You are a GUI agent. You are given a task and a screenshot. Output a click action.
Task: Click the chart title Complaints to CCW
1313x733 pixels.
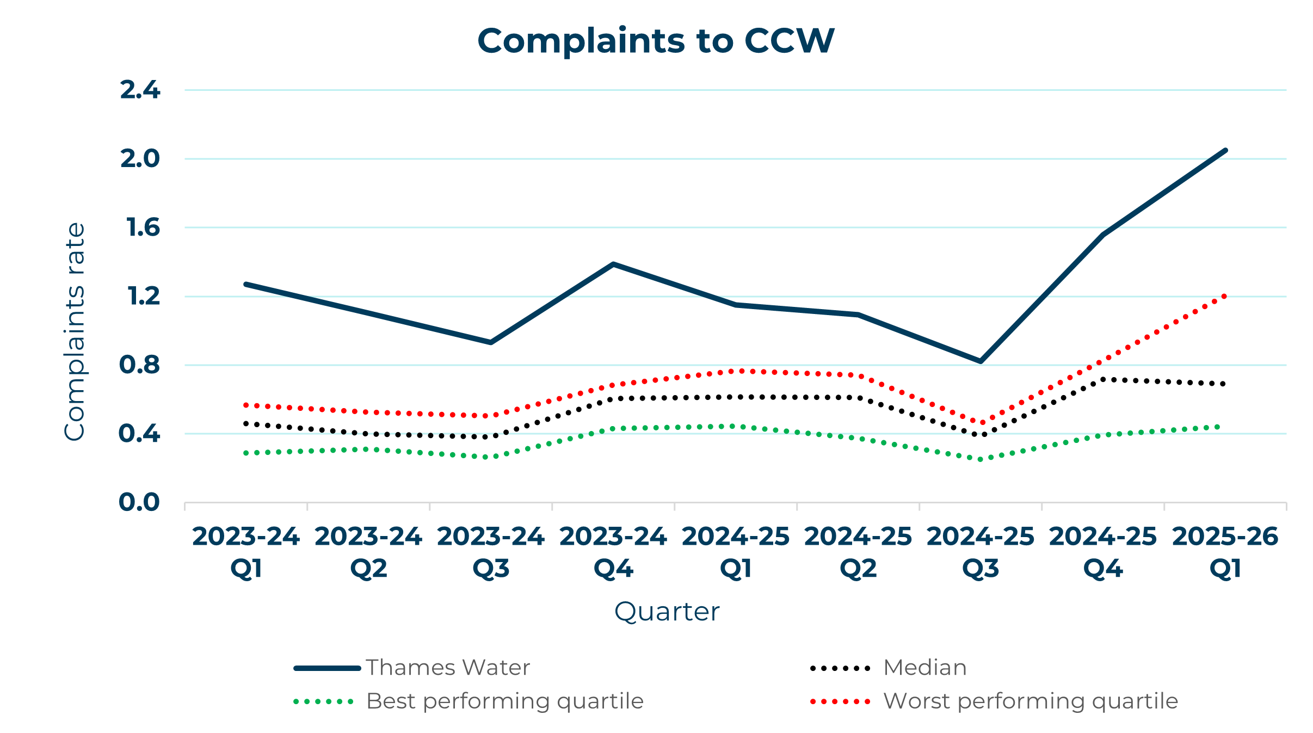tap(656, 41)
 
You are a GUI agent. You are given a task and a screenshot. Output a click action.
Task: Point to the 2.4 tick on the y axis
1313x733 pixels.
tap(140, 90)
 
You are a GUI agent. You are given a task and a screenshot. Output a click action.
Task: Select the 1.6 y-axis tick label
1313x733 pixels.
tap(143, 227)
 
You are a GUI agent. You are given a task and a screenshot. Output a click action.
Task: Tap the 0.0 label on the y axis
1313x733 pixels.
tap(139, 502)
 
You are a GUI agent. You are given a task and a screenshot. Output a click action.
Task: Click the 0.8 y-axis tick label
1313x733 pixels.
tap(140, 365)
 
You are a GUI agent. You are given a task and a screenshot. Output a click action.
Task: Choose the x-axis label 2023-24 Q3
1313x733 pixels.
tap(491, 552)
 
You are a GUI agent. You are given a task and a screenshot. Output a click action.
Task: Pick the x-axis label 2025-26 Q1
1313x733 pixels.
tap(1225, 552)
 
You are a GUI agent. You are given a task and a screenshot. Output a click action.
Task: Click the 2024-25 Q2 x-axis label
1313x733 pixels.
tap(858, 552)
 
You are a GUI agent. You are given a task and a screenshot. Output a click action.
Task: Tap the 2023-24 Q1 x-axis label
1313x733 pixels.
tap(246, 552)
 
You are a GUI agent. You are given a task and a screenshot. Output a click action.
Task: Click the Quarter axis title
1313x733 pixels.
tap(667, 612)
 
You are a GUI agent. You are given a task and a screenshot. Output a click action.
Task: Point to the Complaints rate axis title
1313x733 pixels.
tap(75, 331)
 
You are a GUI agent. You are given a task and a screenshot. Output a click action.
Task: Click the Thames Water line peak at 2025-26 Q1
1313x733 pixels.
tap(1225, 150)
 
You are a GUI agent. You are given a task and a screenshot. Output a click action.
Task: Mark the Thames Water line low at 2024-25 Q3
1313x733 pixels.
tap(981, 361)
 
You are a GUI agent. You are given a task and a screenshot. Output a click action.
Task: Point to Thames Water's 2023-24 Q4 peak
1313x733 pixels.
tap(613, 264)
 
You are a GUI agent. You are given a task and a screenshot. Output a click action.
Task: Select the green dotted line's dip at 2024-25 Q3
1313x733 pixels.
tap(981, 459)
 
